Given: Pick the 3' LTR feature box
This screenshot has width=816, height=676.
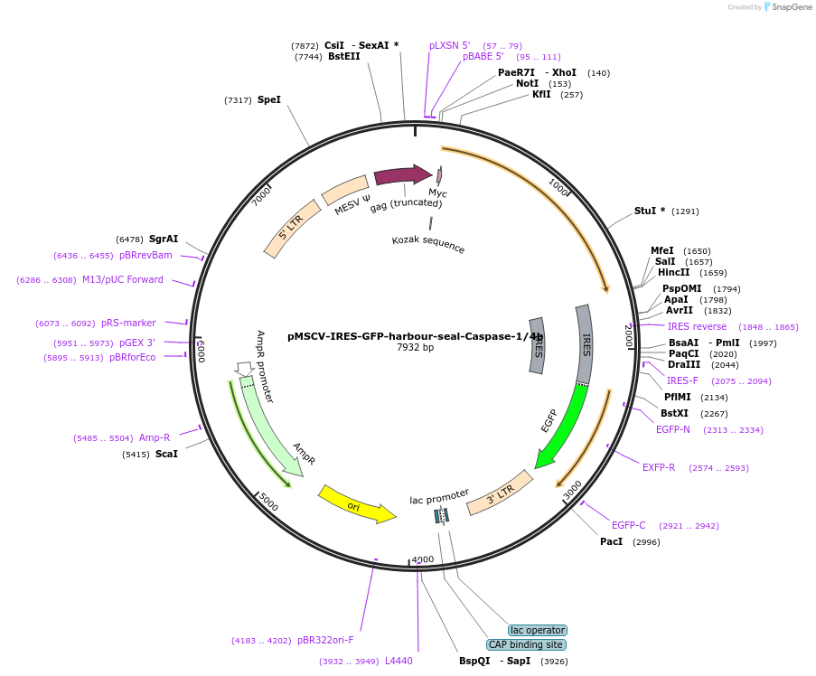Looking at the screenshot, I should pyautogui.click(x=498, y=492).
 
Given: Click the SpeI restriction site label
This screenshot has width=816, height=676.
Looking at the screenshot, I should pyautogui.click(x=269, y=100).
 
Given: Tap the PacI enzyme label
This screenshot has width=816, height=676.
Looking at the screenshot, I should pyautogui.click(x=612, y=542).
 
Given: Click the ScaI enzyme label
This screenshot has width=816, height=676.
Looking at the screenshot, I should pyautogui.click(x=166, y=454).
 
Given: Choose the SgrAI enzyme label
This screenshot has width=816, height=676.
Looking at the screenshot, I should pyautogui.click(x=164, y=239).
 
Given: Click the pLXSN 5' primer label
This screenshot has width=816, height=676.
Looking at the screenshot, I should pyautogui.click(x=450, y=45).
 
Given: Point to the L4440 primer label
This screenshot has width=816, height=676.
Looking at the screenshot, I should pyautogui.click(x=399, y=662).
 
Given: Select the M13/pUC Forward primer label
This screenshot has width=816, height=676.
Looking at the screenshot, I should pyautogui.click(x=123, y=280).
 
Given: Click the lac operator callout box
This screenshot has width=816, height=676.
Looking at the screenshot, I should pyautogui.click(x=538, y=630).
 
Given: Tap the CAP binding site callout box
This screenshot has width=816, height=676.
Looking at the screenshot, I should pyautogui.click(x=527, y=645).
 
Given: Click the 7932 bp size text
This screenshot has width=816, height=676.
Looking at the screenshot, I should pyautogui.click(x=415, y=347).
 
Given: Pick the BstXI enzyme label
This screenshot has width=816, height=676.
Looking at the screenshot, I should pyautogui.click(x=675, y=414).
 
